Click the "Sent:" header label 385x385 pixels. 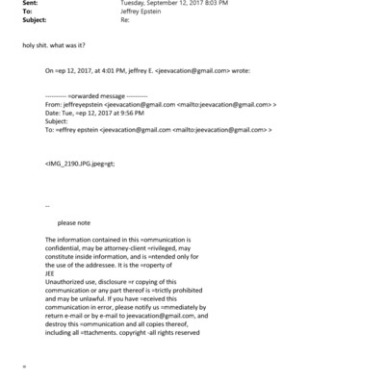[x=28, y=4]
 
